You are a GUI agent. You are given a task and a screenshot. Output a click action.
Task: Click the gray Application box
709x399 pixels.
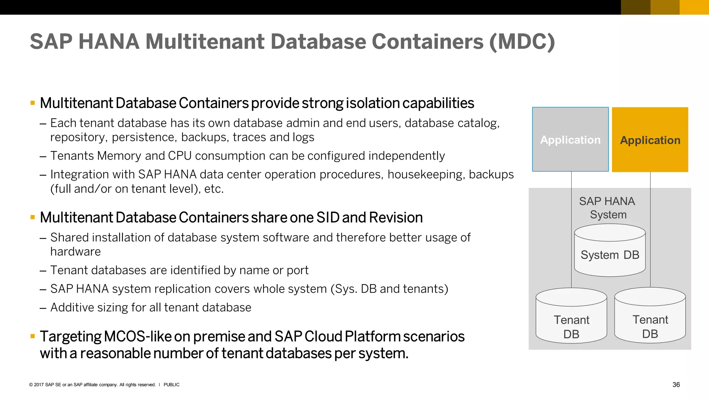(570, 139)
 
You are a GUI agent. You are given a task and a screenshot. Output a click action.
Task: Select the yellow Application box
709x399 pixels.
(650, 140)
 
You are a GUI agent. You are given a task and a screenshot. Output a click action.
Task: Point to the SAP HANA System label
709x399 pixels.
(608, 208)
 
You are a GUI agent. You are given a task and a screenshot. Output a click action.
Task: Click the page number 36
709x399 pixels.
(676, 384)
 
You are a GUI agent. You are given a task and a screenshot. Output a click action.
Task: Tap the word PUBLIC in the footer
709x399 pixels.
(171, 384)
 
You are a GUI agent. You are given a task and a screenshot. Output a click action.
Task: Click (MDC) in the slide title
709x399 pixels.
(522, 42)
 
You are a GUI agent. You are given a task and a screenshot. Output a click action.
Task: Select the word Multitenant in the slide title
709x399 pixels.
(204, 42)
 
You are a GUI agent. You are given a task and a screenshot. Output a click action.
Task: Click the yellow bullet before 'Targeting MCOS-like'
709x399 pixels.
(33, 336)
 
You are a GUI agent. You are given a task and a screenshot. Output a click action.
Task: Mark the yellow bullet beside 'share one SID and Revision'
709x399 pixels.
(33, 217)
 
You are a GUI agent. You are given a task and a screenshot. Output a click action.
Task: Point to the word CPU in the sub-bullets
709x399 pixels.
(180, 156)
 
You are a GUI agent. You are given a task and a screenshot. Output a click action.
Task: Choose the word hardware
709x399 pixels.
(75, 251)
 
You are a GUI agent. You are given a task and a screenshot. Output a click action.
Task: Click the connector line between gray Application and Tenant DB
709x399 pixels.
(571, 229)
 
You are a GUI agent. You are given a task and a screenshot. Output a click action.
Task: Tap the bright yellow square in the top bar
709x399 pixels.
(694, 7)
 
